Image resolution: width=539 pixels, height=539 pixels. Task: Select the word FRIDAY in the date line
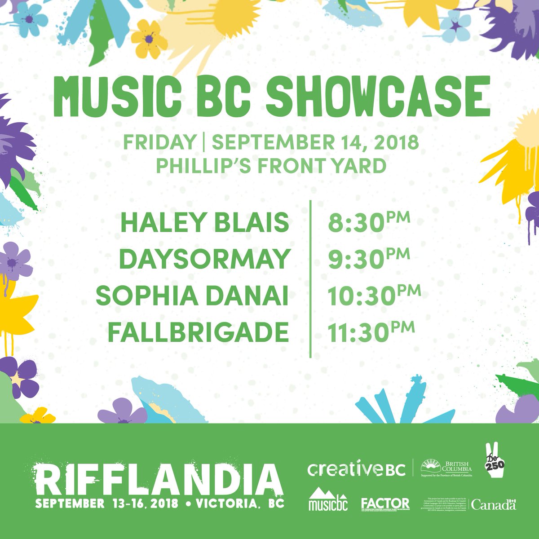click(159, 143)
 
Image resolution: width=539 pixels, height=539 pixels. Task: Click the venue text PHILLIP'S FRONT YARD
click(271, 166)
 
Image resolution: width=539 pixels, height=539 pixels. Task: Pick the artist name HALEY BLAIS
click(205, 223)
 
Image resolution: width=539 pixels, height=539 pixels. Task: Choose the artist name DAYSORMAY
click(204, 259)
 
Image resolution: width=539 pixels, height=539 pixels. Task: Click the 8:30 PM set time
click(368, 223)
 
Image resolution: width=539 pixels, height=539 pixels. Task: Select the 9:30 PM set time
click(368, 259)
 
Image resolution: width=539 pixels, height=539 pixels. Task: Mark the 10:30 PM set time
click(373, 295)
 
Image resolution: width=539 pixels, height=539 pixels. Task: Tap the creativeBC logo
click(356, 469)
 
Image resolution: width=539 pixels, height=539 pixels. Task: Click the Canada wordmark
click(493, 505)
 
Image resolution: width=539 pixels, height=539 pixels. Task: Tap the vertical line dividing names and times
click(310, 278)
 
